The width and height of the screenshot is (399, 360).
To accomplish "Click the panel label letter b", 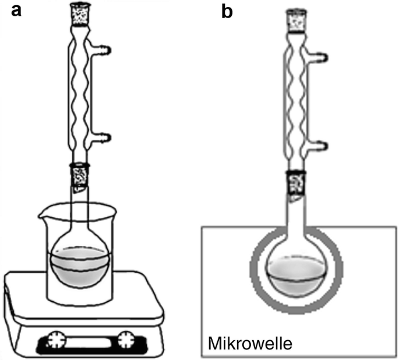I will tap(227, 11).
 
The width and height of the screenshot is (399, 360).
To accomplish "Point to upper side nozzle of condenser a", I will tap(104, 48).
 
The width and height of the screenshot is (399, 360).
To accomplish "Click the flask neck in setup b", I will tap(295, 218).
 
